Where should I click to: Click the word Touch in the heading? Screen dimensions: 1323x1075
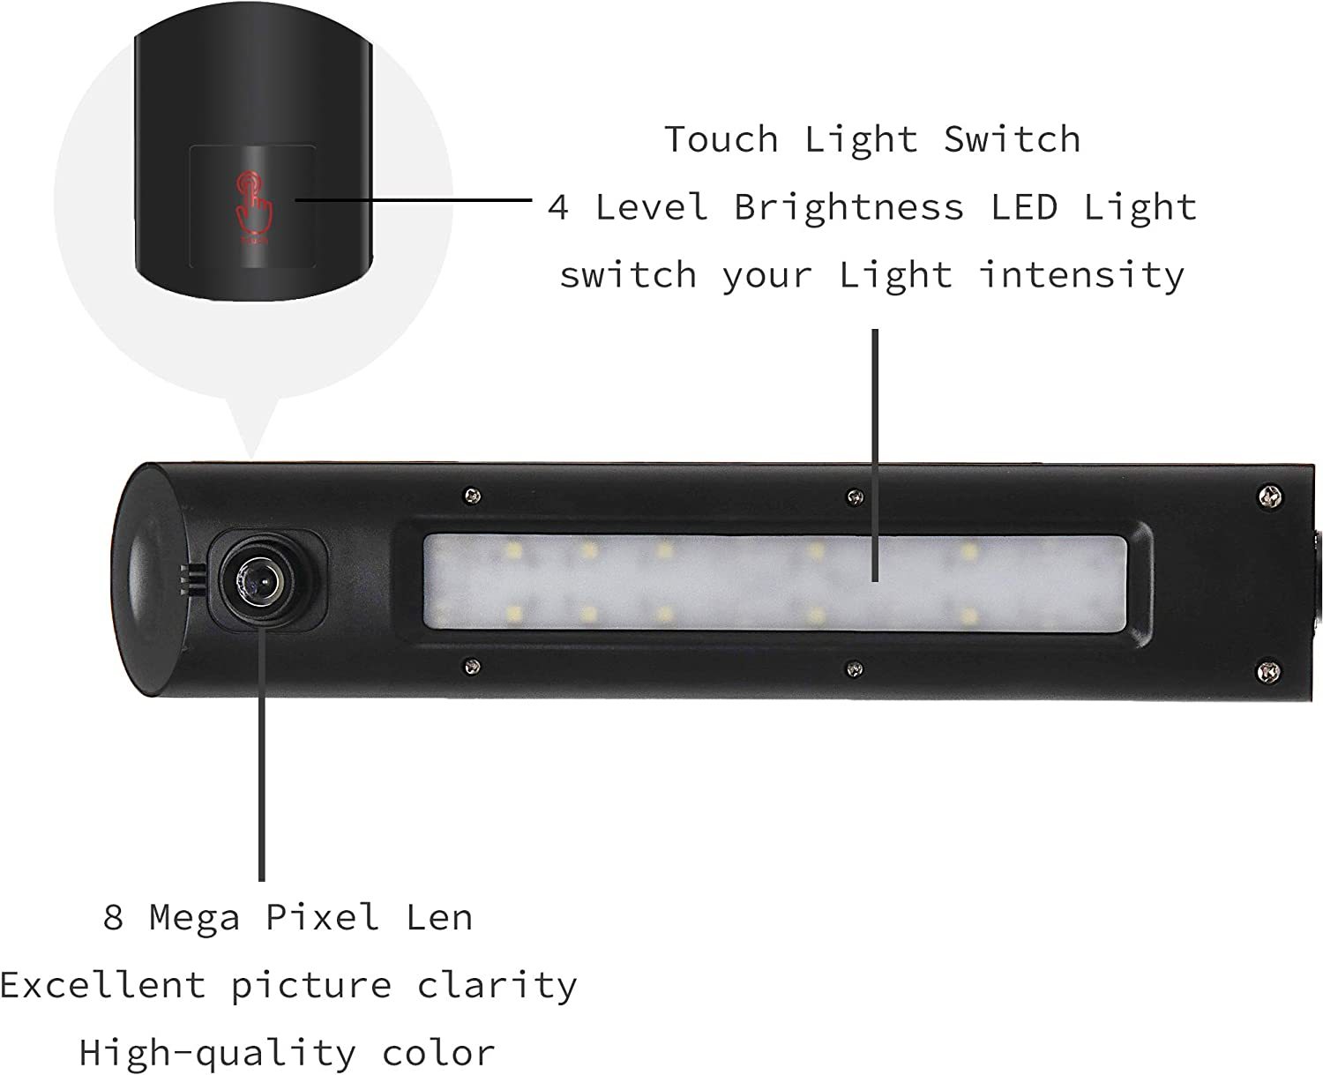click(721, 138)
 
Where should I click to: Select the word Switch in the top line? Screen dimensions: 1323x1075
click(1013, 138)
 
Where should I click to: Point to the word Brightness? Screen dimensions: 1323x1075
click(849, 207)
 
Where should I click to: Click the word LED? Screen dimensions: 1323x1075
click(1024, 207)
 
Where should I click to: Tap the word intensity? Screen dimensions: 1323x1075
click(1081, 275)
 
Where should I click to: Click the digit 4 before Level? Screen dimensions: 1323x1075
click(557, 207)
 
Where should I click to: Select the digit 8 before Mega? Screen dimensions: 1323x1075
click(113, 917)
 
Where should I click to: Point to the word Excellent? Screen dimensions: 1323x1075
click(102, 986)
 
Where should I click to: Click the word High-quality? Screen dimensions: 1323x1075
click(217, 1054)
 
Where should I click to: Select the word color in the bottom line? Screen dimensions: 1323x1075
click(438, 1054)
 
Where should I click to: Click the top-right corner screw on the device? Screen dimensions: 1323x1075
click(1269, 496)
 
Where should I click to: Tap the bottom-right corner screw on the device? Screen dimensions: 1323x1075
click(1267, 671)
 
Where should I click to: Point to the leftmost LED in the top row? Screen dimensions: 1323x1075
click(514, 549)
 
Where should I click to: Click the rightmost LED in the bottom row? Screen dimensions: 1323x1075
click(968, 616)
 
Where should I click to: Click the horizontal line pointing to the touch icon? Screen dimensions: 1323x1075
click(414, 200)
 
